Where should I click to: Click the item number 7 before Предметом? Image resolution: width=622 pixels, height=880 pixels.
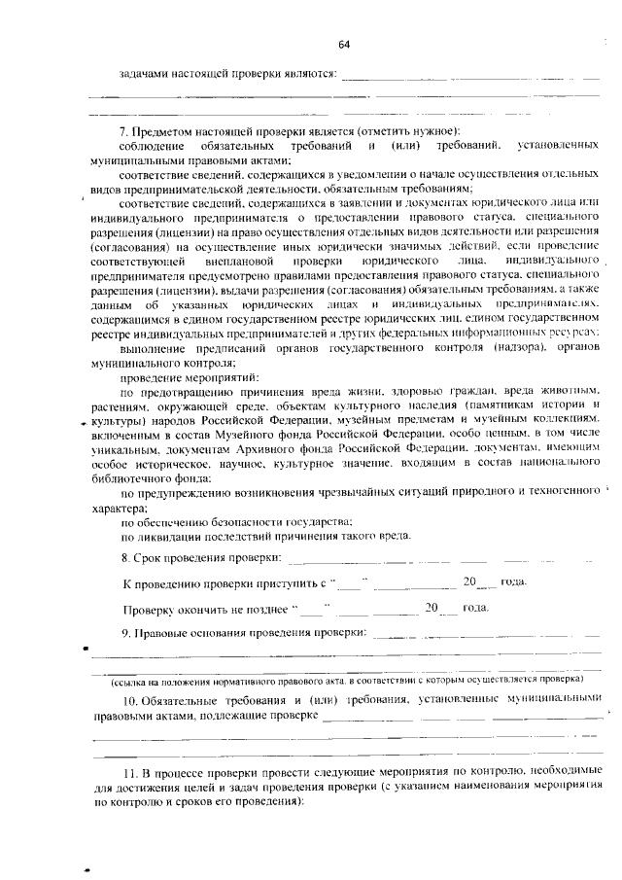click(x=122, y=131)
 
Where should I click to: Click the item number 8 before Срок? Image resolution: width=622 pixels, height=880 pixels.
click(x=125, y=558)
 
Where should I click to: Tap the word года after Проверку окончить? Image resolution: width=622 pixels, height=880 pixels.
click(x=475, y=608)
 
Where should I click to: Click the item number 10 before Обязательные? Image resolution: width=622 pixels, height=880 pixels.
click(x=129, y=700)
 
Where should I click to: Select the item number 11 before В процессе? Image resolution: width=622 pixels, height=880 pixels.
click(x=129, y=771)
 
